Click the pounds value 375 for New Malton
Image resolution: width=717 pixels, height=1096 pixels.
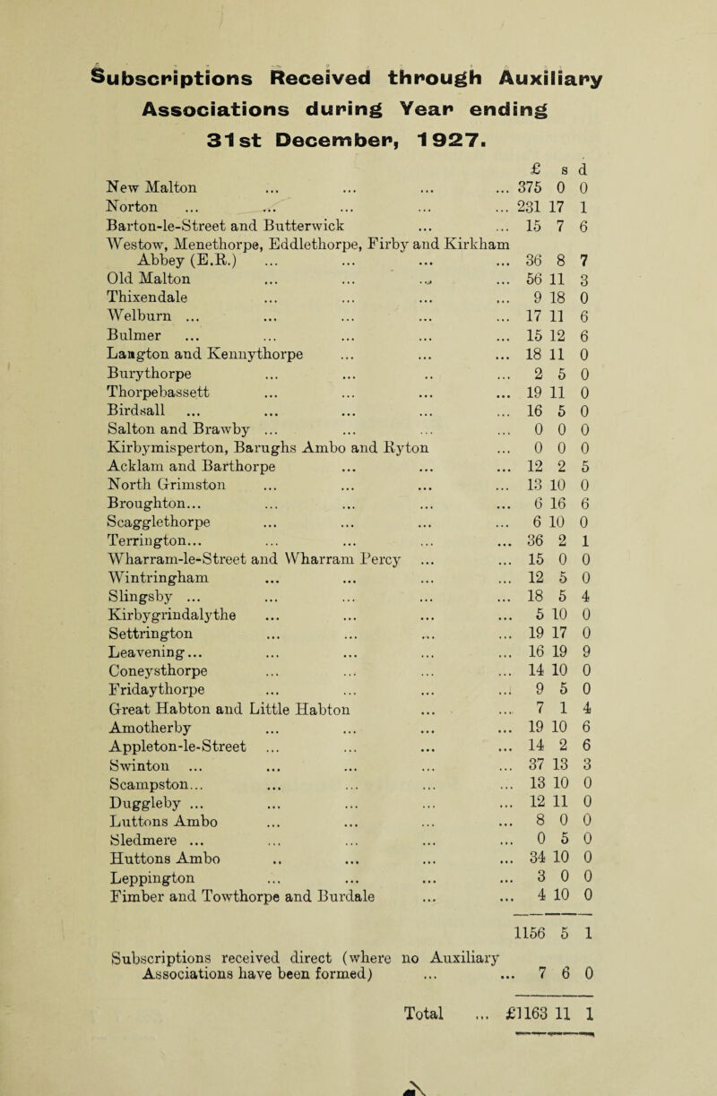click(x=545, y=171)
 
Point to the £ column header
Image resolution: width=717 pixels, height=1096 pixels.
click(x=550, y=150)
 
